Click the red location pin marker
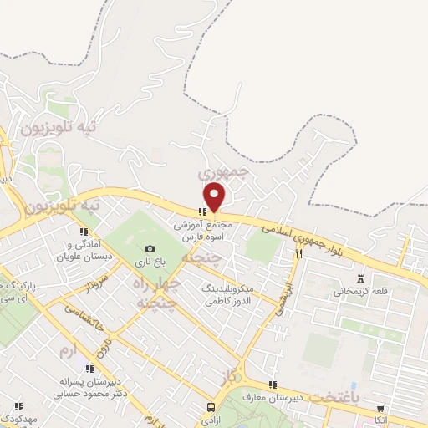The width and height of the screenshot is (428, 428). (216, 196)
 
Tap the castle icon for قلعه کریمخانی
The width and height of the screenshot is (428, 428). (361, 278)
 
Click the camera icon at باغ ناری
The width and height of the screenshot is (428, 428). (150, 248)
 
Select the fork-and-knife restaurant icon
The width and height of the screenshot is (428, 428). (298, 252)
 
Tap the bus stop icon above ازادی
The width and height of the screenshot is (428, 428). (210, 407)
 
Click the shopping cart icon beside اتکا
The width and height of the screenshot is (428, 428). (381, 408)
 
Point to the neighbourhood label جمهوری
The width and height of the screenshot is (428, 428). (225, 171)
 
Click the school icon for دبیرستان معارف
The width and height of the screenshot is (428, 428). (272, 385)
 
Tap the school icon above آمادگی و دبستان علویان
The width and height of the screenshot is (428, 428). (83, 232)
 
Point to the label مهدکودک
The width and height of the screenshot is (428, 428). (18, 417)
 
